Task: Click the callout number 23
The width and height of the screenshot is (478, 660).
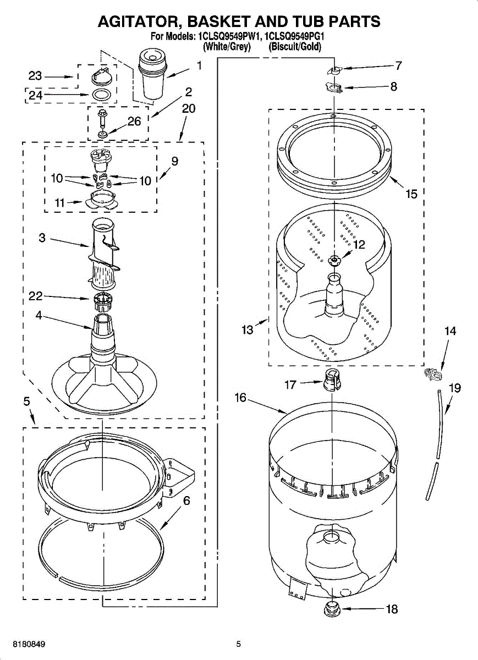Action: pyautogui.click(x=35, y=76)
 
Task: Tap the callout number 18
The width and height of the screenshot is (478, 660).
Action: pyautogui.click(x=392, y=609)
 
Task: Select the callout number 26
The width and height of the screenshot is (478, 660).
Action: pyautogui.click(x=134, y=122)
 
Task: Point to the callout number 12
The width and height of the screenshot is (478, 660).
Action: pyautogui.click(x=359, y=245)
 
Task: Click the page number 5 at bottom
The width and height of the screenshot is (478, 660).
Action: pyautogui.click(x=238, y=643)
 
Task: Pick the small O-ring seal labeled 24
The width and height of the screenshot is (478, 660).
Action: pyautogui.click(x=100, y=95)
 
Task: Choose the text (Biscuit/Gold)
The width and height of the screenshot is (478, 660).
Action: pyautogui.click(x=295, y=47)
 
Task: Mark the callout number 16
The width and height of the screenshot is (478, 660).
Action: pyautogui.click(x=241, y=397)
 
